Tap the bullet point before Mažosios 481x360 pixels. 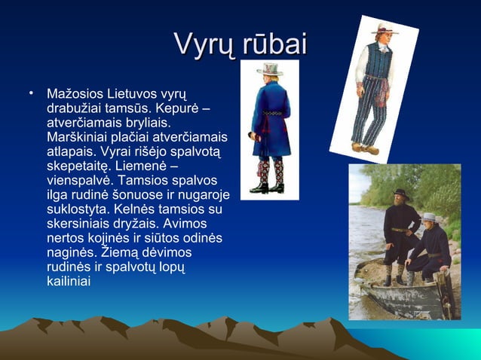[31, 94]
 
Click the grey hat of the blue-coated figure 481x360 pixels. [268, 69]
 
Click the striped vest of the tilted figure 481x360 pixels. [375, 63]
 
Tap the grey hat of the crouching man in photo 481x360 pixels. [429, 217]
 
